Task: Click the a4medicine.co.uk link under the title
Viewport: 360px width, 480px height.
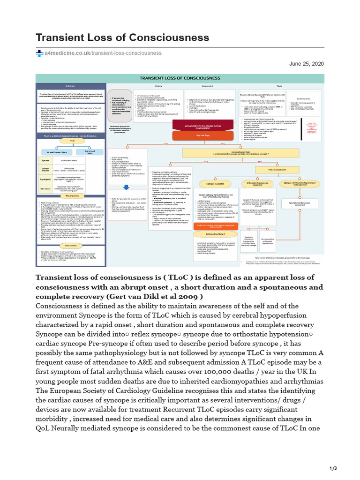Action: tap(103, 53)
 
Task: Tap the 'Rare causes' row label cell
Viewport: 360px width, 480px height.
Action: tap(45, 189)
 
